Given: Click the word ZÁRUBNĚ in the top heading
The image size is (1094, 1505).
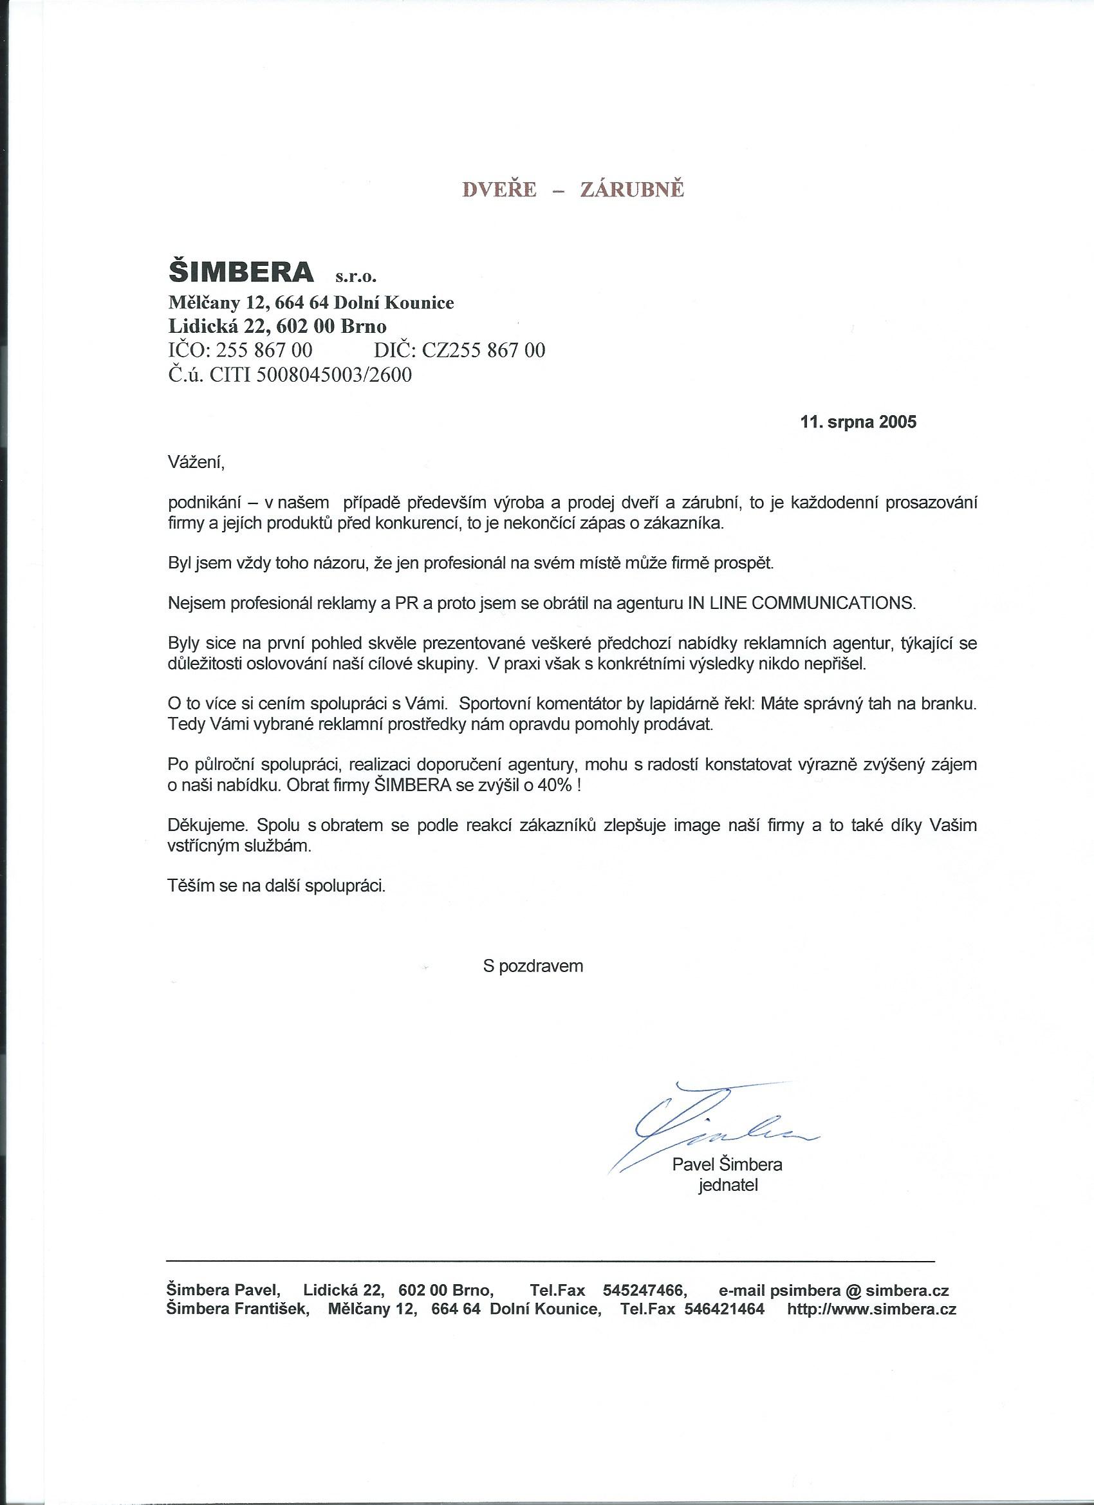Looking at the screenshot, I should [x=631, y=190].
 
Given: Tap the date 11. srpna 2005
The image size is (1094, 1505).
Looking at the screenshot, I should [x=859, y=422].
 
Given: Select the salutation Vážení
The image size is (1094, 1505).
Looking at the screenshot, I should [x=197, y=463].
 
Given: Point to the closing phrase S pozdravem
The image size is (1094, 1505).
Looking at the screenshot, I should [x=533, y=966].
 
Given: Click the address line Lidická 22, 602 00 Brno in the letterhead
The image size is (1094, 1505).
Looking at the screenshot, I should [x=277, y=326].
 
